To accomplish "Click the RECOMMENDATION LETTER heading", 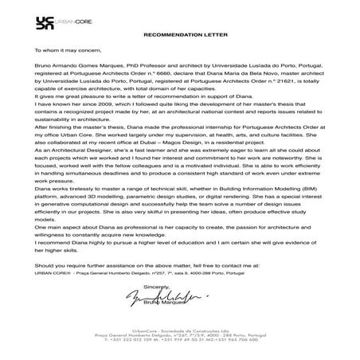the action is point(179,36).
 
